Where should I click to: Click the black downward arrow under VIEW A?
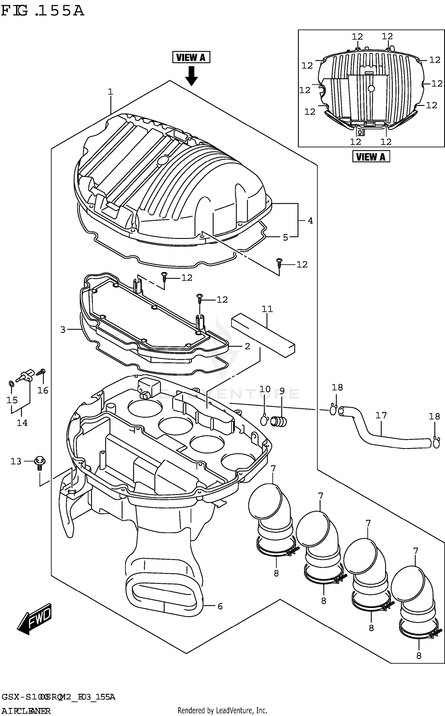pos(191,76)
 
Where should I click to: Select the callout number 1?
pos(110,92)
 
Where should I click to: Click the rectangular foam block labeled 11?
pos(263,335)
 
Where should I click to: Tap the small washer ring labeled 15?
pos(11,384)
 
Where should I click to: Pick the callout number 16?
pos(43,390)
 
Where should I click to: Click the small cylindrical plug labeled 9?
pos(279,421)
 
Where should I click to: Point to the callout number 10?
pos(265,389)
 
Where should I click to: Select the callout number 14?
pos(22,423)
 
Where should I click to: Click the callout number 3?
pos(63,330)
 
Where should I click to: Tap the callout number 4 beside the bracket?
pos(310,220)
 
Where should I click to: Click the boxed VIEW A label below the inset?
pos(371,156)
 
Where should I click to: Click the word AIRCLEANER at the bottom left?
pos(26,711)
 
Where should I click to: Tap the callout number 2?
pos(247,346)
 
